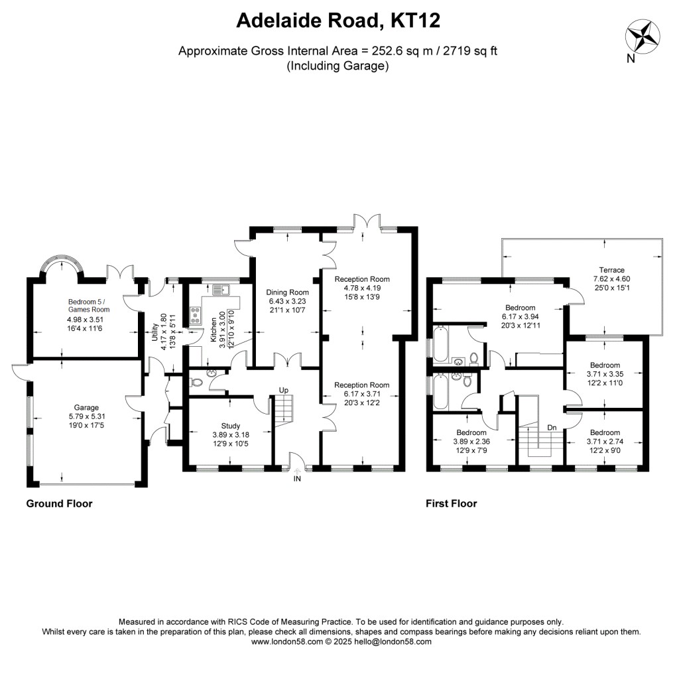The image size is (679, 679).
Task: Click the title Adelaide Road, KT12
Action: pyautogui.click(x=339, y=21)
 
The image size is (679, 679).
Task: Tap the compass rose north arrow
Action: pyautogui.click(x=641, y=37)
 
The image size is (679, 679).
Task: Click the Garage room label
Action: pyautogui.click(x=86, y=408)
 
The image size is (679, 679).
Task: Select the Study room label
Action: pyautogui.click(x=231, y=426)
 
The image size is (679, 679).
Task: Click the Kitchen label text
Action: pyautogui.click(x=214, y=330)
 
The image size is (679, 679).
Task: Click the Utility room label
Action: pyautogui.click(x=155, y=332)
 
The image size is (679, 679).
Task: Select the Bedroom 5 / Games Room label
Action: pyautogui.click(x=88, y=305)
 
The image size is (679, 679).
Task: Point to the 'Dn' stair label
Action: pyautogui.click(x=552, y=428)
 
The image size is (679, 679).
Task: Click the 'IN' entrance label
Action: pyautogui.click(x=298, y=478)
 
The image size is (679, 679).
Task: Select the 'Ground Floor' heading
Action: pyautogui.click(x=59, y=503)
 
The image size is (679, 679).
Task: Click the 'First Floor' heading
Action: pyautogui.click(x=451, y=503)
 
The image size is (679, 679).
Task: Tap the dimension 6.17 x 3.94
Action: pyautogui.click(x=520, y=317)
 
